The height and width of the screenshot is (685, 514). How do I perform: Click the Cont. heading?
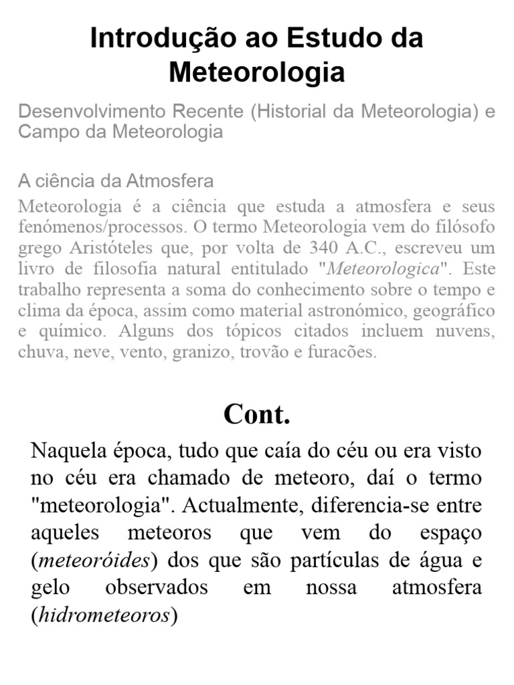click(x=257, y=415)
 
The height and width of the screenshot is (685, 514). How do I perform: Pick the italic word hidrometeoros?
click(x=104, y=615)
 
